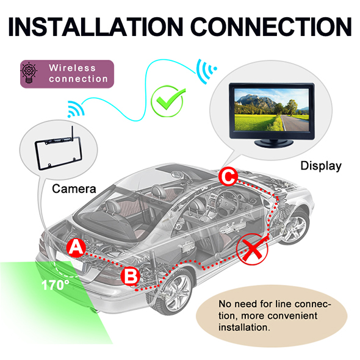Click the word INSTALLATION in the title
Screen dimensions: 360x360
click(x=96, y=26)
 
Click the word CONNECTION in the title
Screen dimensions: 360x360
click(x=271, y=26)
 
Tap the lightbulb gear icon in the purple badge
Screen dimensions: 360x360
click(x=29, y=73)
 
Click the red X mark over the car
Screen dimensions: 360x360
click(x=253, y=249)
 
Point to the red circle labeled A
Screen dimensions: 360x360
click(x=76, y=248)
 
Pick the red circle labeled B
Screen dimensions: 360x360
click(x=130, y=276)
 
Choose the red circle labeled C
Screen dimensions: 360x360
click(x=228, y=176)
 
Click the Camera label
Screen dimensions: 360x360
click(x=74, y=189)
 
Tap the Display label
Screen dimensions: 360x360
click(x=321, y=166)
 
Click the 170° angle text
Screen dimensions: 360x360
click(x=55, y=285)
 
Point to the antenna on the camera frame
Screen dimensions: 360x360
click(x=72, y=132)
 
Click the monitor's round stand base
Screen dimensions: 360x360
click(x=274, y=143)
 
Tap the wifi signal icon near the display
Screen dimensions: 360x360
click(x=206, y=71)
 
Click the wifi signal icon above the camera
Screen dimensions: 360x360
click(x=76, y=109)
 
